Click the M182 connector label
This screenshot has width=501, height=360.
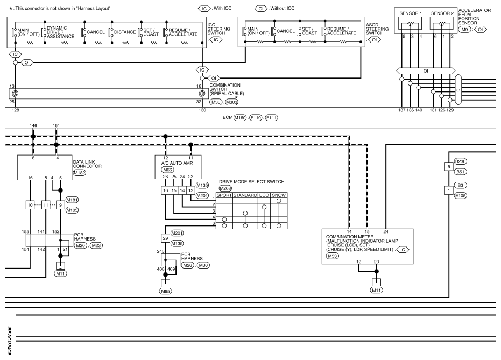coord(80,173)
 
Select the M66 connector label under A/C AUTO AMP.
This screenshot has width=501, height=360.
coord(167,170)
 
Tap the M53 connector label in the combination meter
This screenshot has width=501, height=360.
coord(333,256)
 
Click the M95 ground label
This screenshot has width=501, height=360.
coord(166,291)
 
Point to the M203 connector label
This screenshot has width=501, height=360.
coord(225,188)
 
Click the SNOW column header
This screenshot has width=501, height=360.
coord(279,195)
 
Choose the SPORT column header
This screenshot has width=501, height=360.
coord(224,195)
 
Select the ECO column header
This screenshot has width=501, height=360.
coord(264,195)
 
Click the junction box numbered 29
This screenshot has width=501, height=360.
coord(165,238)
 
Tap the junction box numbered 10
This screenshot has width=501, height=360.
coord(30,205)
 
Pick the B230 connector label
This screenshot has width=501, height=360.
coord(461,161)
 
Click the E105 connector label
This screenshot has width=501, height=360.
coord(461,195)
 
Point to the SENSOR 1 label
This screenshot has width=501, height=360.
coord(411,13)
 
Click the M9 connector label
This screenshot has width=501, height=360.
coord(464,30)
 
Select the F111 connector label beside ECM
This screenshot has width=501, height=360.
coord(271,117)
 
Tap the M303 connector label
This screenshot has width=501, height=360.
coord(231,102)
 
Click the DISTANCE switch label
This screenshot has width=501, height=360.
coord(125,32)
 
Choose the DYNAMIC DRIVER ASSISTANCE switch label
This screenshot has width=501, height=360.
coord(61,32)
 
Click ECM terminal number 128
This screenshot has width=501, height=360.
coord(15,110)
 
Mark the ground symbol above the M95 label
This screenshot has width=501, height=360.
coord(166,283)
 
